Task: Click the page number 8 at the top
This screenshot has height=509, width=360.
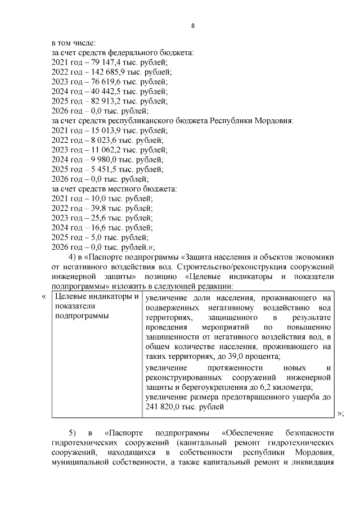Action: click(193, 26)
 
